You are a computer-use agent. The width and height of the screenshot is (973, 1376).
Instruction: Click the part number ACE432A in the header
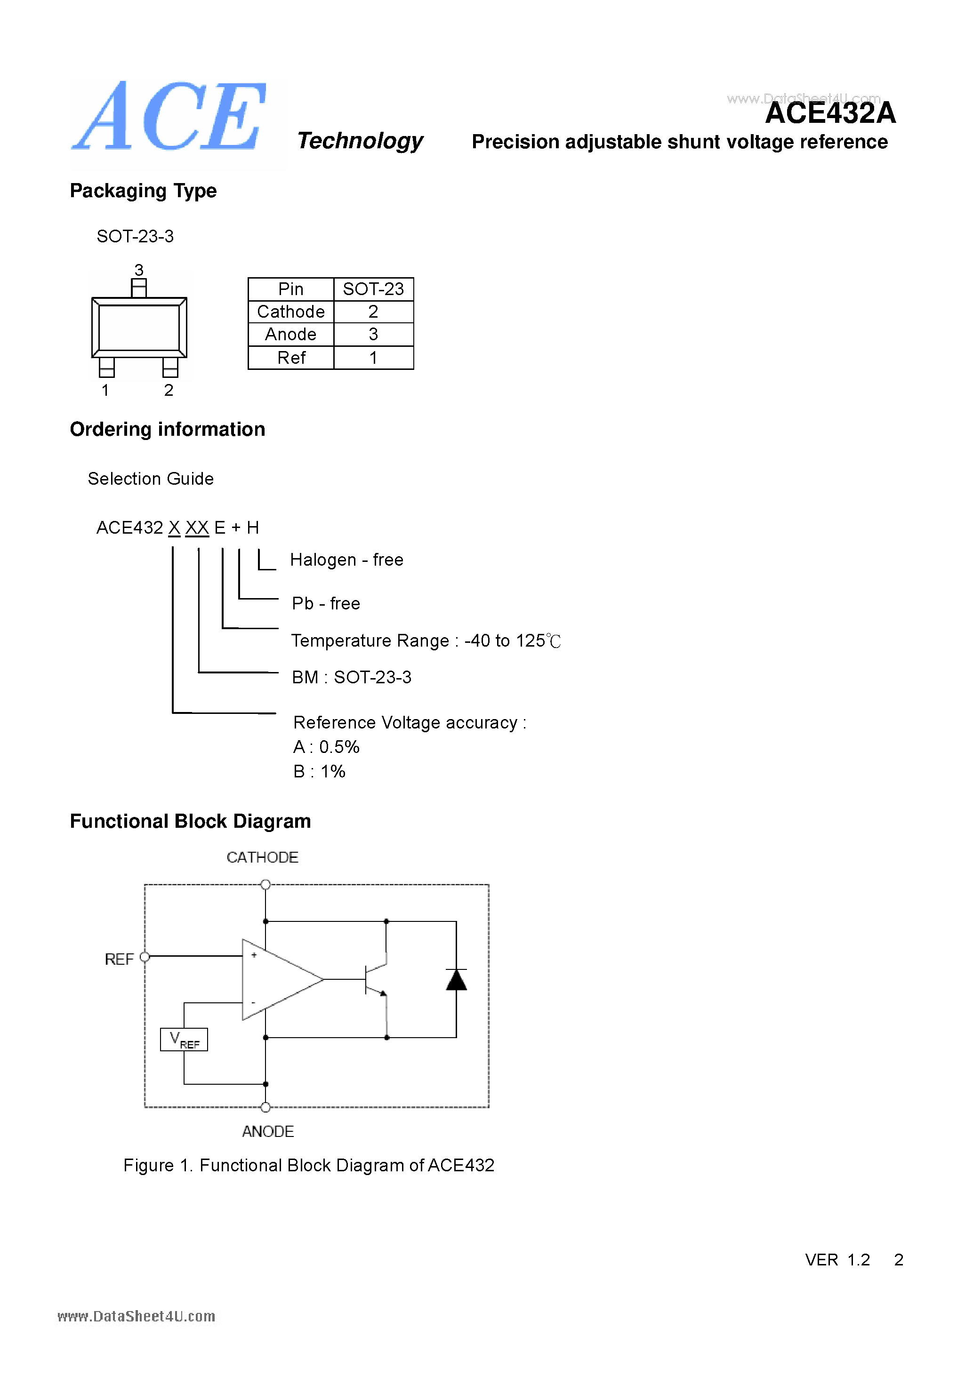tap(830, 113)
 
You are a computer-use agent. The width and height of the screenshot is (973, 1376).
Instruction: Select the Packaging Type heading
tap(143, 191)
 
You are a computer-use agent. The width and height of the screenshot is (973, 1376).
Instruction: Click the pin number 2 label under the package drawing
tap(169, 390)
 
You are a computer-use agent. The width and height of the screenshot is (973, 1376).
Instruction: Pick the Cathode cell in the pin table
tap(291, 312)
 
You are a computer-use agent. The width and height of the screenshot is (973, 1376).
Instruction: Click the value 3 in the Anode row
tap(373, 335)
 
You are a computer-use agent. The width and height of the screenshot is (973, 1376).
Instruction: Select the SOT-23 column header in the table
tap(373, 289)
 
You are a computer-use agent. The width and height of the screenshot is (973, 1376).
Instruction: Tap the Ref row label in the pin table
tap(291, 358)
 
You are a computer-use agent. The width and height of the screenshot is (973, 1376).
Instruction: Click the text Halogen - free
tap(346, 560)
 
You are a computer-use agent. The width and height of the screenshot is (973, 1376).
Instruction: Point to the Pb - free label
tap(326, 603)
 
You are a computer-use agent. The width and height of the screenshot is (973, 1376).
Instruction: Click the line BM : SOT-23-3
tap(351, 677)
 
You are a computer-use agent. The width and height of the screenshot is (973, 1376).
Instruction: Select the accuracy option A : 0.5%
tap(326, 747)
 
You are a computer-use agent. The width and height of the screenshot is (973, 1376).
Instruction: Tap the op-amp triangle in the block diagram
tap(276, 979)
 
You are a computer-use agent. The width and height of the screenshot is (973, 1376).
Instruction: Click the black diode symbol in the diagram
tap(456, 980)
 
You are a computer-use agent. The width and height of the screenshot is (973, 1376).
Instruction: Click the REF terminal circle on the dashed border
tap(145, 957)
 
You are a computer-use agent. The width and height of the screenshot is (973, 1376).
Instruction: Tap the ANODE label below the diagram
tap(268, 1131)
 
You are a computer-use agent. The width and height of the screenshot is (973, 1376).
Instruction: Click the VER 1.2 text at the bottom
tap(837, 1260)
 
